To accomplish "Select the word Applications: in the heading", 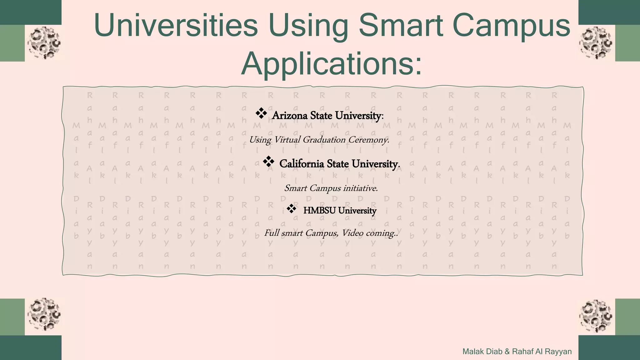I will coord(331,63).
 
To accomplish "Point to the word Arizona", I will coord(290,116).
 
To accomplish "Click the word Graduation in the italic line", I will coord(324,140).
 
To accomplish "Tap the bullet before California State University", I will coord(268,162).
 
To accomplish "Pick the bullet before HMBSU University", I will coord(291,208).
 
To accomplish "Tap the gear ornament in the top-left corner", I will coord(44,43).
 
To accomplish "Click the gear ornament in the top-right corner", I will coord(596,43).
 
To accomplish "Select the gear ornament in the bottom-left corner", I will coord(44,314).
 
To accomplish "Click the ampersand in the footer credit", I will coord(507,352).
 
